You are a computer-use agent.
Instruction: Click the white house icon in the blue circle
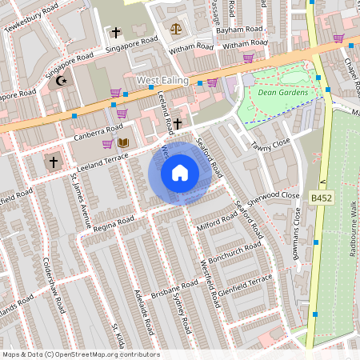(x=180, y=173)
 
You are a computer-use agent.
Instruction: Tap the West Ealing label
(x=162, y=81)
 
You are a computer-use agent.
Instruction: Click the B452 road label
(x=322, y=197)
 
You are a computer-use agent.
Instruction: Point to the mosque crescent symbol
(x=58, y=81)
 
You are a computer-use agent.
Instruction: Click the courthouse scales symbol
(x=176, y=29)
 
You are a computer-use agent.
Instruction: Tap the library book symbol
(x=123, y=143)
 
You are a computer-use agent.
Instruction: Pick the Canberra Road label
(x=99, y=130)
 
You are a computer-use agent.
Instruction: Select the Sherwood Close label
(x=273, y=197)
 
